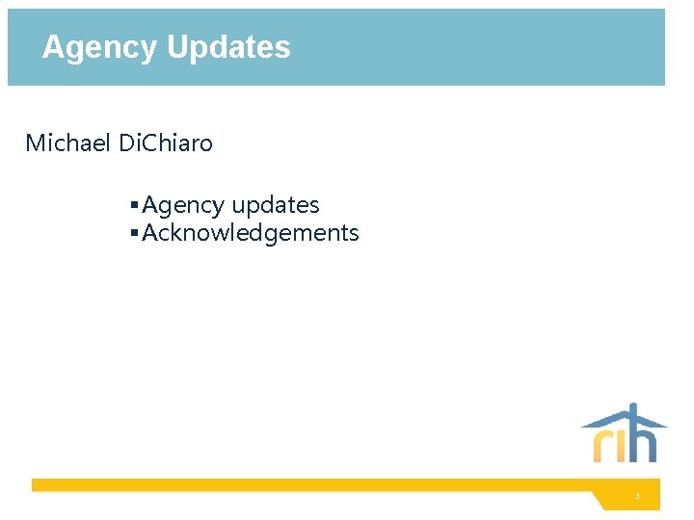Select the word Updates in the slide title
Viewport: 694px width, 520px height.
click(228, 48)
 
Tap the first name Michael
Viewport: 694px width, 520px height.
click(67, 144)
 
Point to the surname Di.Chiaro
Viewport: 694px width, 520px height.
click(165, 144)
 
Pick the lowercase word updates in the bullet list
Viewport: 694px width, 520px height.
click(275, 206)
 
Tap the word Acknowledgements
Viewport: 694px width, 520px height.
click(251, 233)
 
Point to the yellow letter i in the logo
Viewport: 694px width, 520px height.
click(621, 446)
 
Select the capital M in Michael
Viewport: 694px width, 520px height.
click(36, 144)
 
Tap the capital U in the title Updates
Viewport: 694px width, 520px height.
click(176, 47)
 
